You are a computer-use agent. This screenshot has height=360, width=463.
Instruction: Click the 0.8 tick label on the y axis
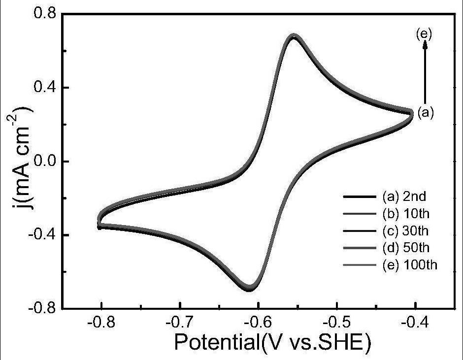(x=45, y=13)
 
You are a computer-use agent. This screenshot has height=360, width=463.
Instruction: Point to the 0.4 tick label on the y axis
(x=45, y=88)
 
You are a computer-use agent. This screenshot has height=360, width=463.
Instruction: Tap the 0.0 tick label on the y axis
(x=45, y=162)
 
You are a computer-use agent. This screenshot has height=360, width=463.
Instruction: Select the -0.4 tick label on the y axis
(x=41, y=235)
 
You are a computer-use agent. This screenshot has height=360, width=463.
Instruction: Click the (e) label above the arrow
(x=424, y=33)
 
